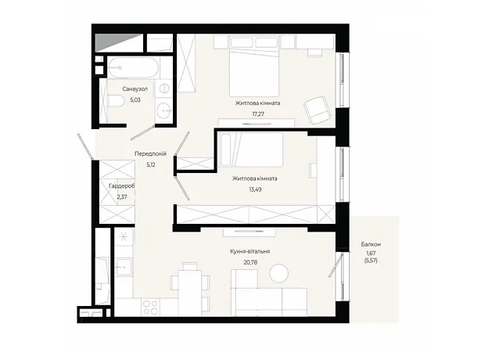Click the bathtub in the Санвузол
[133, 67]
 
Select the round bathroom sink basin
[163, 110]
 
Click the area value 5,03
[135, 100]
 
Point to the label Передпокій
[150, 153]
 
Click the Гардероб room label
[122, 186]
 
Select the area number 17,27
[258, 114]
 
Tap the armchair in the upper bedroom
[316, 110]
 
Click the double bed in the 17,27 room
[254, 67]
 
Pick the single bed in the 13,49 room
[251, 149]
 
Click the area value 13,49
[255, 189]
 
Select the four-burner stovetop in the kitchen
[151, 307]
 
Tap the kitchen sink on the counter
[124, 265]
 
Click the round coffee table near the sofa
[279, 273]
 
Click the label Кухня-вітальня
[250, 251]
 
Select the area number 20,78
[250, 262]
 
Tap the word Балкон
[371, 244]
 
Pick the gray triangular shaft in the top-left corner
[119, 42]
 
